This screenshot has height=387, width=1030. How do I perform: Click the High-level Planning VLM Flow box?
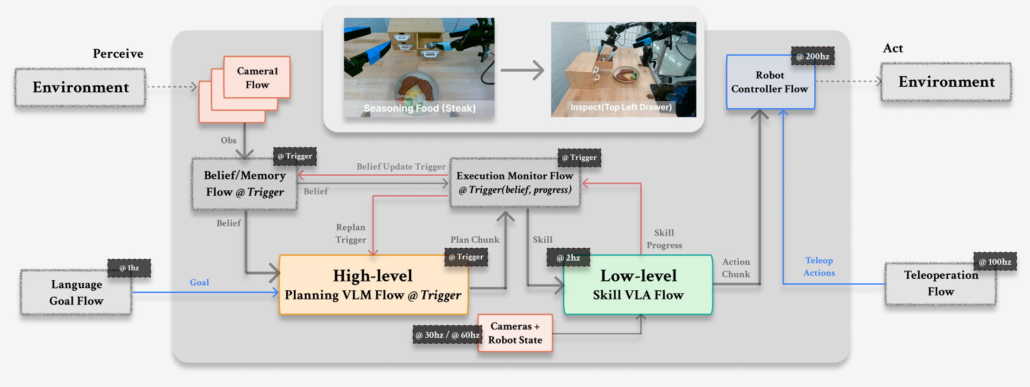point(373,285)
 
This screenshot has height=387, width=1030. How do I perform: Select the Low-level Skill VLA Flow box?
point(638,285)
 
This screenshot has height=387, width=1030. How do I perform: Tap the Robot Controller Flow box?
point(770,82)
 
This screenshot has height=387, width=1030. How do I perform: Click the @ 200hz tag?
point(812,56)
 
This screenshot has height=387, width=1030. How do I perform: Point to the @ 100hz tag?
point(995,261)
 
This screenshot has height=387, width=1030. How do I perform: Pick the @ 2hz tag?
point(568,257)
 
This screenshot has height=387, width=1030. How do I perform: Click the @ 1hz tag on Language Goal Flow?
point(129,268)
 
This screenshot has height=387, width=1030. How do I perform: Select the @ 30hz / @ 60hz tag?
point(447,335)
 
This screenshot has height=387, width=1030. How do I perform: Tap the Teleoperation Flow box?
point(940,283)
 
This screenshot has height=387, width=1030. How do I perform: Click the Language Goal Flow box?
point(76,293)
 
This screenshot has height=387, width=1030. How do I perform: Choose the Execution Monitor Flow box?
point(515,183)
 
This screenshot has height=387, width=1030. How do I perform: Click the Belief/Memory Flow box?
point(244,184)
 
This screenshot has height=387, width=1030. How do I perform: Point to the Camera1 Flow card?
point(257,78)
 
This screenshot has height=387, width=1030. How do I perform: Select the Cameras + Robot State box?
point(515,333)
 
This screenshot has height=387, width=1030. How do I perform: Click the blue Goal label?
point(199,282)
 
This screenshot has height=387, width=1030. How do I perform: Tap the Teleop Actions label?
point(819,267)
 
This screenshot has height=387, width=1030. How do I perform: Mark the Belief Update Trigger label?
point(401,167)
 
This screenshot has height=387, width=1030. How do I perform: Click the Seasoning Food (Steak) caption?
point(419,108)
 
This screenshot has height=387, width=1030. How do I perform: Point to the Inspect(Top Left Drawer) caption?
point(621,107)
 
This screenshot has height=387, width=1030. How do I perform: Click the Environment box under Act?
point(946,82)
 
